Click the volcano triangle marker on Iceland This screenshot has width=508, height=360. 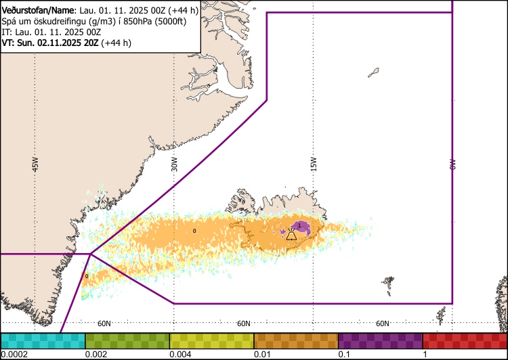(x=291, y=235)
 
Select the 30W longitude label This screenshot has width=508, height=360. (x=174, y=164)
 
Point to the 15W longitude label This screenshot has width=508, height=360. (x=314, y=164)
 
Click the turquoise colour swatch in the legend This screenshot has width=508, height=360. (x=43, y=340)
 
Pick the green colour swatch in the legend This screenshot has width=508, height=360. (x=127, y=340)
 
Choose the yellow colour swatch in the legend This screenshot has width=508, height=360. (x=211, y=340)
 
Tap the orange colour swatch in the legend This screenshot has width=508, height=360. (x=296, y=340)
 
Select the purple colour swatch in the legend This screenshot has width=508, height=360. (x=380, y=340)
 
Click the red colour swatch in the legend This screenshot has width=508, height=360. (x=465, y=340)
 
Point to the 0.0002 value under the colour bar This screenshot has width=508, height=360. (x=14, y=354)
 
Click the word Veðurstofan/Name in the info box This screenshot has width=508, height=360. (x=36, y=10)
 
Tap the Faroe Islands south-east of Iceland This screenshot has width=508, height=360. (x=388, y=280)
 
